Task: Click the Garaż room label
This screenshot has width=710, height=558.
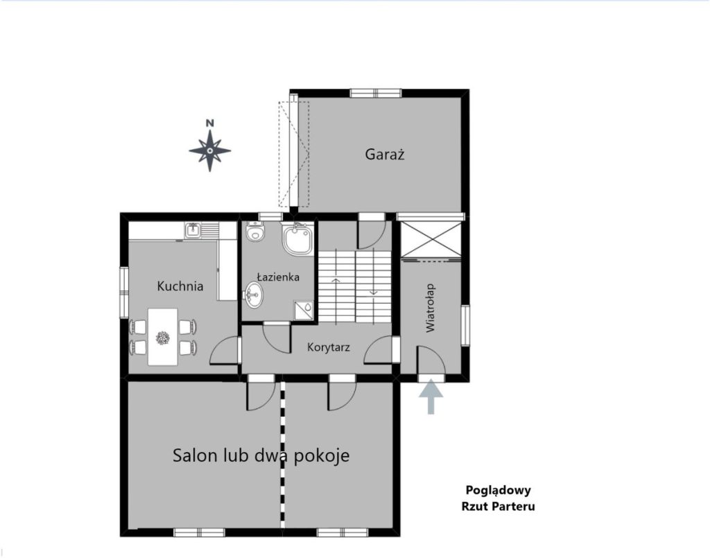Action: [x=384, y=155]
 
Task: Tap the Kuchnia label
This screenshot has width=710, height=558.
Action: [x=180, y=286]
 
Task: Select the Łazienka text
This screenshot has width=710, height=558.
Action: [x=278, y=277]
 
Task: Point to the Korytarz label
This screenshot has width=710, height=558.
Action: [x=328, y=347]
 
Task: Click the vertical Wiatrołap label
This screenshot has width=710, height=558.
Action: [x=430, y=308]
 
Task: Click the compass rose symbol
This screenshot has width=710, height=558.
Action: [x=209, y=150]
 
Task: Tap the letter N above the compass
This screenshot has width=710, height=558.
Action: [x=209, y=123]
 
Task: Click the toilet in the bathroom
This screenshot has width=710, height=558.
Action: [x=255, y=232]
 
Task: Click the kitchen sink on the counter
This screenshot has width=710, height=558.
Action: [x=193, y=230]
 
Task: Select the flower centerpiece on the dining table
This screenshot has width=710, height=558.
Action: [x=162, y=338]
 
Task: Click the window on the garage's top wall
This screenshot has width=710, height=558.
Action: [x=376, y=93]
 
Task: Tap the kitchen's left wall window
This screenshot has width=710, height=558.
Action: [x=124, y=293]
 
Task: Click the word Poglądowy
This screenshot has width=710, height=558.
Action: [x=498, y=491]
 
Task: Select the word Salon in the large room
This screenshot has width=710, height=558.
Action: [x=195, y=455]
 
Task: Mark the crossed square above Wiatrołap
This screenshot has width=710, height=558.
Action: [x=431, y=240]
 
